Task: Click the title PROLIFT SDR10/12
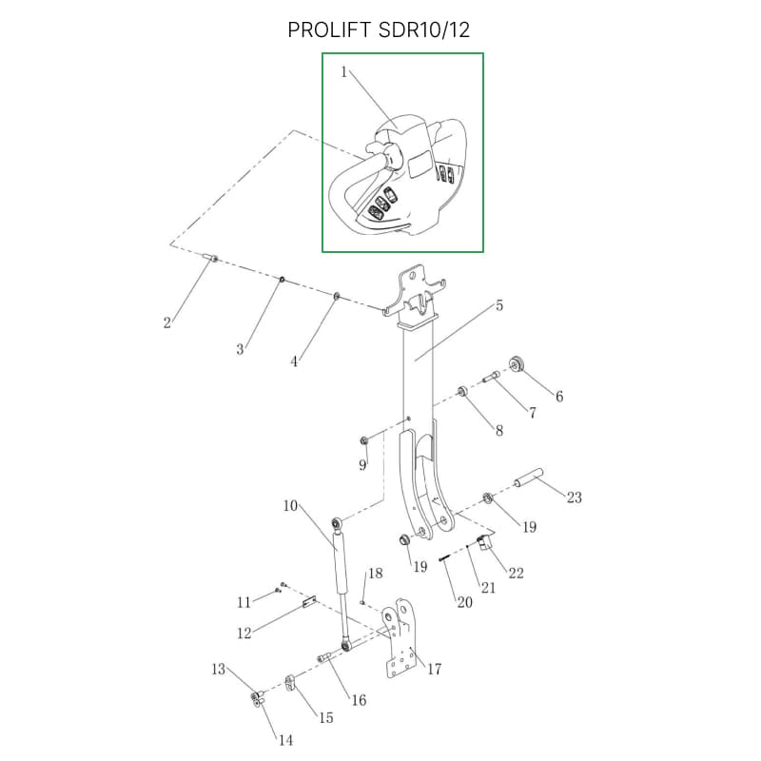(379, 30)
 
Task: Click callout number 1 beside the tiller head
(344, 72)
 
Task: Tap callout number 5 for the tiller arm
(498, 305)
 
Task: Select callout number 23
(574, 498)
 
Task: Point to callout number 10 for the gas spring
(290, 505)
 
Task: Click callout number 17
(434, 669)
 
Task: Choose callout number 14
(285, 739)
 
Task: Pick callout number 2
(167, 323)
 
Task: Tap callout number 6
(559, 396)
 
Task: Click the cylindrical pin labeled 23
(529, 475)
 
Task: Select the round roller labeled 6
(518, 363)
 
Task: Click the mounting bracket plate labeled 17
(401, 642)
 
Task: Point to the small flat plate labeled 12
(308, 601)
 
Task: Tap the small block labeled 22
(483, 543)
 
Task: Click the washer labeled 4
(338, 298)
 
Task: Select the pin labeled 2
(212, 258)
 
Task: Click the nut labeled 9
(364, 439)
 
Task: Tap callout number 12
(244, 633)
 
